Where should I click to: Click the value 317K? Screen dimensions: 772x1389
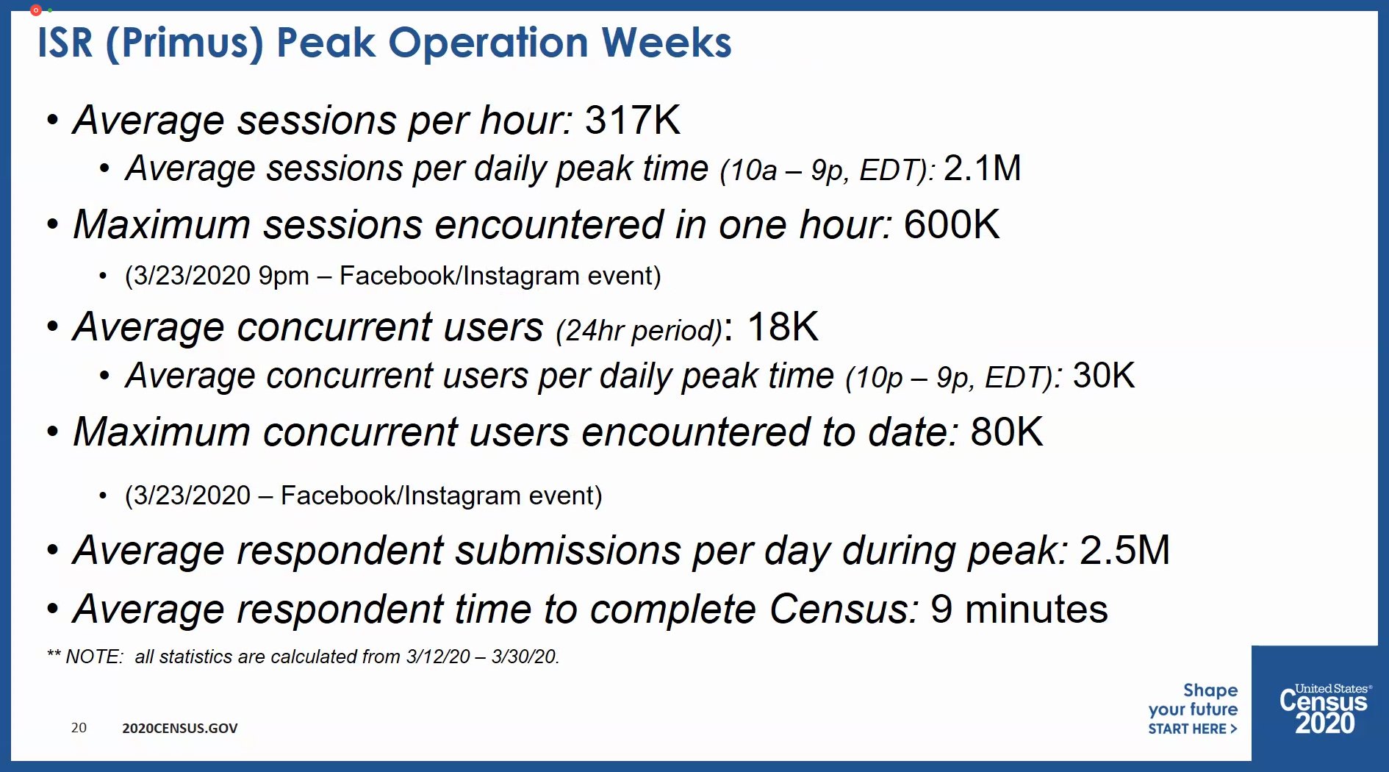[632, 120]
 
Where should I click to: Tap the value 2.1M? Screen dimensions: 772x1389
[982, 168]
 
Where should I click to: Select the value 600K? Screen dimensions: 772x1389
[951, 224]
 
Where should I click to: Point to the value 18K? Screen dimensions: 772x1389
[782, 326]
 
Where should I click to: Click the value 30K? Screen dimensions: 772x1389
[1103, 376]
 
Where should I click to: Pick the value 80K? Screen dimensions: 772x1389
[1006, 432]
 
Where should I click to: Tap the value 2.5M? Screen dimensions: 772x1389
[1124, 550]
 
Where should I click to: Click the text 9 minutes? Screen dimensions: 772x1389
[1019, 610]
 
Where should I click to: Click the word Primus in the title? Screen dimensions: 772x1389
[184, 43]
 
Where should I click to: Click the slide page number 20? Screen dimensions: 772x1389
[79, 728]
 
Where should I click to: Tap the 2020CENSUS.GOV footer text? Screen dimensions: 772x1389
[180, 729]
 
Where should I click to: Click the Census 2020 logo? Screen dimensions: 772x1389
[1324, 709]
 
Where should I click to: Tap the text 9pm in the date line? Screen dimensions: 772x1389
[284, 276]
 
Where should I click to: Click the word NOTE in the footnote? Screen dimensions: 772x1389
[94, 657]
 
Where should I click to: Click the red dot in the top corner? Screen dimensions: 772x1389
[35, 10]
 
